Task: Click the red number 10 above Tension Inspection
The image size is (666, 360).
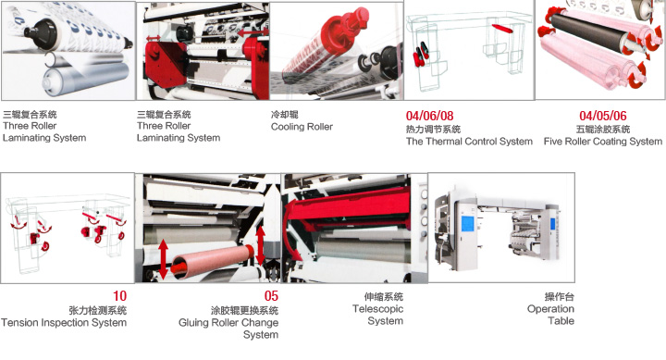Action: click(119, 296)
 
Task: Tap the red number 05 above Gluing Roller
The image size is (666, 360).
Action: click(271, 296)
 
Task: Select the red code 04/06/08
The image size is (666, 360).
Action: click(429, 116)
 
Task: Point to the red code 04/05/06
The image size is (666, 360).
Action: click(603, 116)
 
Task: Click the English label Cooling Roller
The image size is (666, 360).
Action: click(302, 127)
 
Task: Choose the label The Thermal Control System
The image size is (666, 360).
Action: click(469, 141)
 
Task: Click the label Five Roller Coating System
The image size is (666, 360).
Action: click(603, 141)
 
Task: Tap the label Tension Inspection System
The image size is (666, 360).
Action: click(64, 323)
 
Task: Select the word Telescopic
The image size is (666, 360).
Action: click(377, 309)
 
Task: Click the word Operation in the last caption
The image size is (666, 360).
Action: click(550, 309)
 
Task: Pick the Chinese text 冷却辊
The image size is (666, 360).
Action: click(285, 115)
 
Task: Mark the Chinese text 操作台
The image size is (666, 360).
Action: click(560, 297)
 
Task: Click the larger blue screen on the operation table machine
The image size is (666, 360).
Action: click(468, 223)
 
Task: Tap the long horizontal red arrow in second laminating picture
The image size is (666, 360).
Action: click(253, 32)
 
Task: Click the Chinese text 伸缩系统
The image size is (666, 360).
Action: click(384, 297)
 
